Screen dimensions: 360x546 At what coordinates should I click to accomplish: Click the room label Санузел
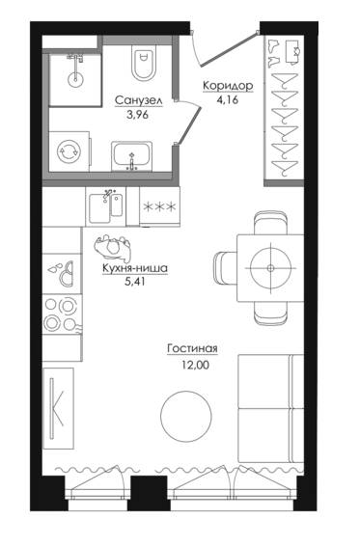[x=138, y=100]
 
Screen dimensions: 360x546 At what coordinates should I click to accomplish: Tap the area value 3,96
[x=138, y=114]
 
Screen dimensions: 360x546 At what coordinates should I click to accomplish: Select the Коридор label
[x=228, y=86]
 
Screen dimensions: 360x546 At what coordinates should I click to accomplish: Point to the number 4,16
[x=227, y=100]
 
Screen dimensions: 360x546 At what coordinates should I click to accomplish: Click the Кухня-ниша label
[x=135, y=268]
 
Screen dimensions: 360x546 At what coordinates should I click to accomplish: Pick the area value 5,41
[x=134, y=282]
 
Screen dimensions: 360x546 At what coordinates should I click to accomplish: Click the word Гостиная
[x=192, y=348]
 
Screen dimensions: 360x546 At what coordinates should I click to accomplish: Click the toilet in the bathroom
[x=143, y=63]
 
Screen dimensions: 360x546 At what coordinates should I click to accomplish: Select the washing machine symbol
[x=69, y=151]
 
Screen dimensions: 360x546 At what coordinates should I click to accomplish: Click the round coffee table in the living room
[x=186, y=417]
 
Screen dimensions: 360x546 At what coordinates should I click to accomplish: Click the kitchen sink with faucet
[x=106, y=206]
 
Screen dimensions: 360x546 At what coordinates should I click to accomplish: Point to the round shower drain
[x=75, y=80]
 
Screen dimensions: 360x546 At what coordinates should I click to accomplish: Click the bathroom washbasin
[x=131, y=156]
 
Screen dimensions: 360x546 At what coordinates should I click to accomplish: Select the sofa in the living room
[x=271, y=408]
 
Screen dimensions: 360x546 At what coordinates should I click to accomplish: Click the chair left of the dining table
[x=226, y=268]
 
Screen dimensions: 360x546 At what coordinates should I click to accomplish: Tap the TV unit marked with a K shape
[x=58, y=408]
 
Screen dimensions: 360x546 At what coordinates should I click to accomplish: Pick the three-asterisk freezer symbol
[x=159, y=207]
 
